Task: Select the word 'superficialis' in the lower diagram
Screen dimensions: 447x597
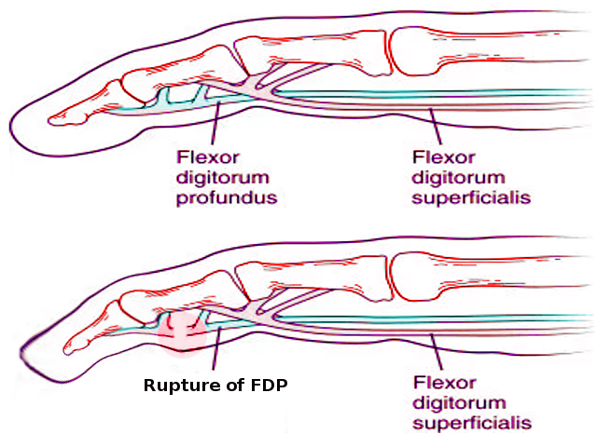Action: [471, 422]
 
